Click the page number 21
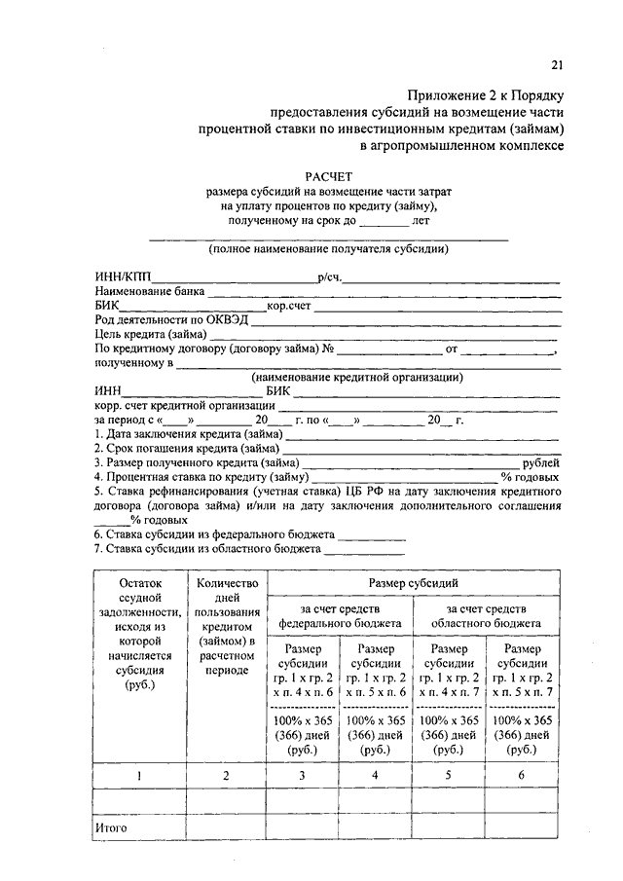point(557,65)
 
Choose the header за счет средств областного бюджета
point(487,615)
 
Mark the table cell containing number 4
point(376,775)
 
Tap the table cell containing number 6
point(523,775)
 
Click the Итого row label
point(112,828)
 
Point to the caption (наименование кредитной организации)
point(356,378)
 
